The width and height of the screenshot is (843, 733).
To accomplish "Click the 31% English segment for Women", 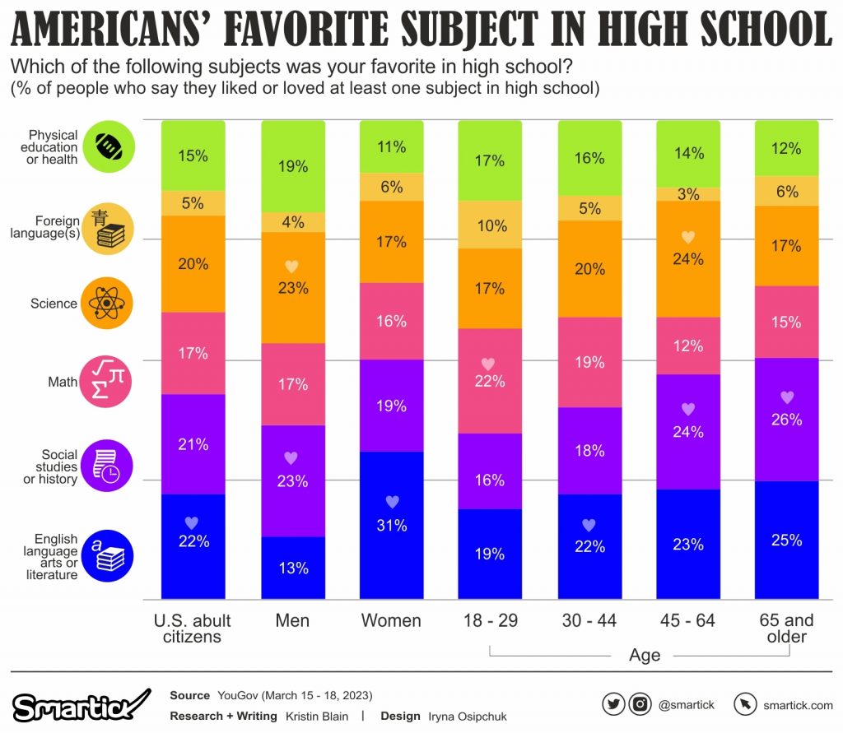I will pyautogui.click(x=392, y=525).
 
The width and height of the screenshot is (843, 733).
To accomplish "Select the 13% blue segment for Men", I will pyautogui.click(x=292, y=568).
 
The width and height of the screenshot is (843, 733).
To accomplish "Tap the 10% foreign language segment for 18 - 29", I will pyautogui.click(x=491, y=225).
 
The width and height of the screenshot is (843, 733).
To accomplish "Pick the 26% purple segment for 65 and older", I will pyautogui.click(x=787, y=419).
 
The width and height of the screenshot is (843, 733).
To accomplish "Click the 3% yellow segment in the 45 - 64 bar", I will pyautogui.click(x=688, y=194).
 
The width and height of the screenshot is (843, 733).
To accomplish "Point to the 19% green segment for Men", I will pyautogui.click(x=292, y=166).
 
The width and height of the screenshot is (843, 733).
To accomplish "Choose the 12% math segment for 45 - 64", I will pyautogui.click(x=688, y=346).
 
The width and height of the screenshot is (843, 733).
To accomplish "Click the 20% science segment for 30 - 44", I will pyautogui.click(x=589, y=269).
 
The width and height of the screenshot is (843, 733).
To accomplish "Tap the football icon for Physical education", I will pyautogui.click(x=106, y=146).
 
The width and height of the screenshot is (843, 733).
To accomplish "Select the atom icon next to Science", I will pyautogui.click(x=106, y=304).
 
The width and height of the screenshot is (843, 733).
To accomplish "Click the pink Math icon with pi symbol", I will pyautogui.click(x=106, y=382).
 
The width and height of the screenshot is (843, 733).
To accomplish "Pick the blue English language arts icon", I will pyautogui.click(x=106, y=555).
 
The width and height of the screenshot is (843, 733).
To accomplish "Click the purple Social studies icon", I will pyautogui.click(x=106, y=466).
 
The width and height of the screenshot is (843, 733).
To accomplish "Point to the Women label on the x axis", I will pyautogui.click(x=392, y=620).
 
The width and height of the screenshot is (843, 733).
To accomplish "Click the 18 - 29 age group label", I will pyautogui.click(x=491, y=620).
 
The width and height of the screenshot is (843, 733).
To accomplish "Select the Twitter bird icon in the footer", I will pyautogui.click(x=612, y=704).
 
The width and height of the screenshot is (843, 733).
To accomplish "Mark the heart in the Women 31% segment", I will pyautogui.click(x=392, y=502).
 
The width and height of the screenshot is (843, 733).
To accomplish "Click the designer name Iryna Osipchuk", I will pyautogui.click(x=467, y=717).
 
